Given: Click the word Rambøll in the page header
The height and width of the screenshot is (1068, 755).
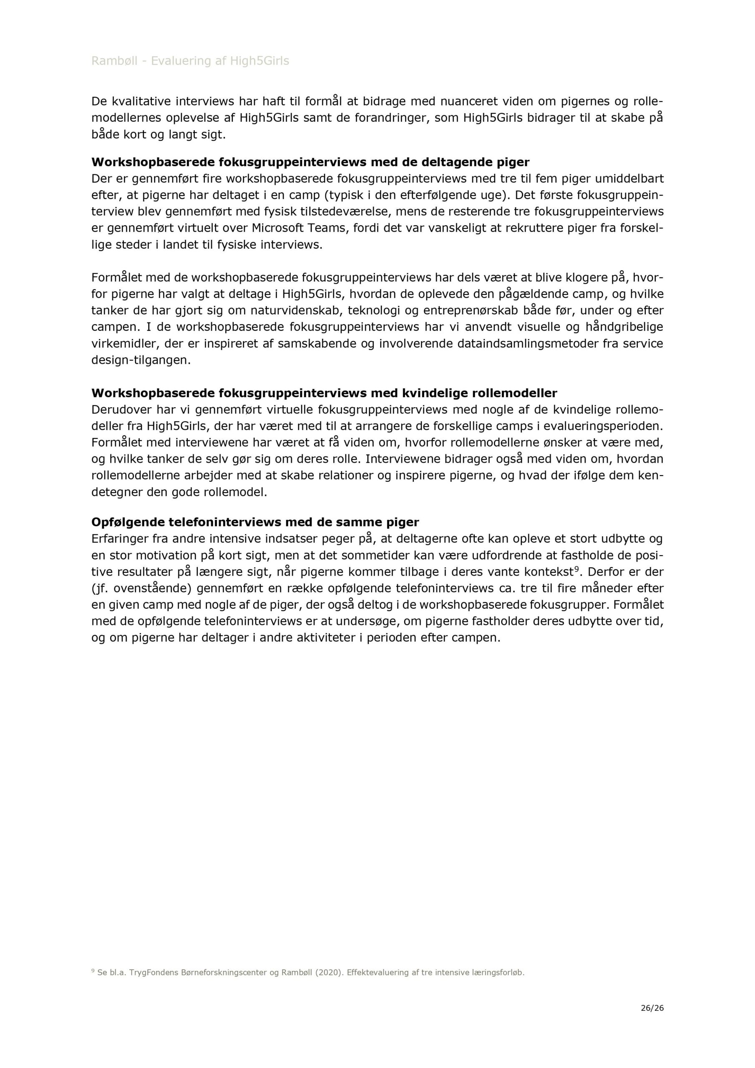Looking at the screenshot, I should (x=114, y=61).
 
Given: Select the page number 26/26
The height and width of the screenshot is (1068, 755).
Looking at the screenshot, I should (x=652, y=1008).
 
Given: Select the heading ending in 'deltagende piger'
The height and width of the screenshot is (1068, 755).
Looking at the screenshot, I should (x=310, y=162).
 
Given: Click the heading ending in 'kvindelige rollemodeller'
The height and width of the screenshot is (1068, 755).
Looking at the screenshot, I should (x=324, y=393).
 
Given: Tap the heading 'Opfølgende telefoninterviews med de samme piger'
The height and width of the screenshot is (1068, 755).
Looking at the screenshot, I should (x=255, y=522).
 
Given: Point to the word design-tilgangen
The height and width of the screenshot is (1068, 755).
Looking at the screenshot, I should (x=141, y=360).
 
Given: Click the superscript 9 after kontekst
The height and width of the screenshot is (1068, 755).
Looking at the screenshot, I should (x=576, y=569).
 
